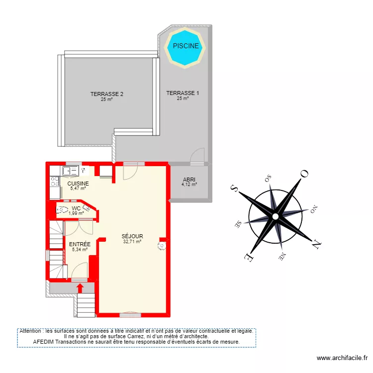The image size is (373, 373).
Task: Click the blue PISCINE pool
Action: tap(186, 46)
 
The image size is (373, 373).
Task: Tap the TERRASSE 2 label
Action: tap(106, 94)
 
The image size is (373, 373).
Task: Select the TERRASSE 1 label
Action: tap(183, 93)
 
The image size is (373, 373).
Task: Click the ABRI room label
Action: tap(189, 180)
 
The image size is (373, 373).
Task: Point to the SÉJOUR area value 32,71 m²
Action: tap(132, 242)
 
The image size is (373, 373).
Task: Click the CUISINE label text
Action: tap(78, 184)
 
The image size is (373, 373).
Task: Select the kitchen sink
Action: tap(70, 171)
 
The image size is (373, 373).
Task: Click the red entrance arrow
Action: tap(80, 288)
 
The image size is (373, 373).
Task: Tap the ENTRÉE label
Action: tap(80, 244)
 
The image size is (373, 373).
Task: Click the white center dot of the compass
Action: tap(275, 216)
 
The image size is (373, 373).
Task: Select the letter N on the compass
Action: tap(315, 244)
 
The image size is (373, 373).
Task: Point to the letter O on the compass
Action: tap(304, 174)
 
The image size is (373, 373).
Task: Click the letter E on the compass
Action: tap(247, 257)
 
